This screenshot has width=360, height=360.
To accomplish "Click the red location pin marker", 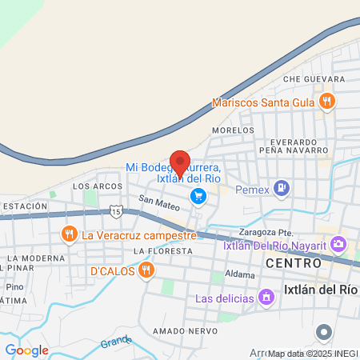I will pyautogui.click(x=181, y=162).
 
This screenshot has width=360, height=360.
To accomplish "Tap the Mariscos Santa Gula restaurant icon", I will pyautogui.click(x=326, y=102).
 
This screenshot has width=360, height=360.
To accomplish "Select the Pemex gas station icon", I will pyautogui.click(x=282, y=189).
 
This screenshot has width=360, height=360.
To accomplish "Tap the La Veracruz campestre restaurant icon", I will pyautogui.click(x=70, y=235).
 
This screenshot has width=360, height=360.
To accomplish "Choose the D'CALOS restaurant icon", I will pyautogui.click(x=146, y=271).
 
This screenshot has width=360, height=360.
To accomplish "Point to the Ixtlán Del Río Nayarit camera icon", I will pyautogui.click(x=338, y=244).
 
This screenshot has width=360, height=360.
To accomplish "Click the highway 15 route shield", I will pyautogui.click(x=116, y=211).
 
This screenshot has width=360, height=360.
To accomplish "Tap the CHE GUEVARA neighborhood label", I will pyautogui.click(x=314, y=79).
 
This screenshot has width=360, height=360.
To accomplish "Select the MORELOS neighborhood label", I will pyautogui.click(x=232, y=130).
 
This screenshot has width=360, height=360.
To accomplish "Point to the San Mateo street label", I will pyautogui.click(x=158, y=204).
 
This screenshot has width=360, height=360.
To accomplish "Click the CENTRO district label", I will pyautogui.click(x=293, y=262).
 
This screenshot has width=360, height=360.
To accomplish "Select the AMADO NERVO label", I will pyautogui.click(x=181, y=331).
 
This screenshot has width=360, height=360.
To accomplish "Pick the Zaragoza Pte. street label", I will pyautogui.click(x=264, y=233).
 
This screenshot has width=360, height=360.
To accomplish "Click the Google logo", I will pyautogui.click(x=26, y=350).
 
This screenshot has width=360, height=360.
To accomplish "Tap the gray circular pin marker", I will pyautogui.click(x=324, y=331).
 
